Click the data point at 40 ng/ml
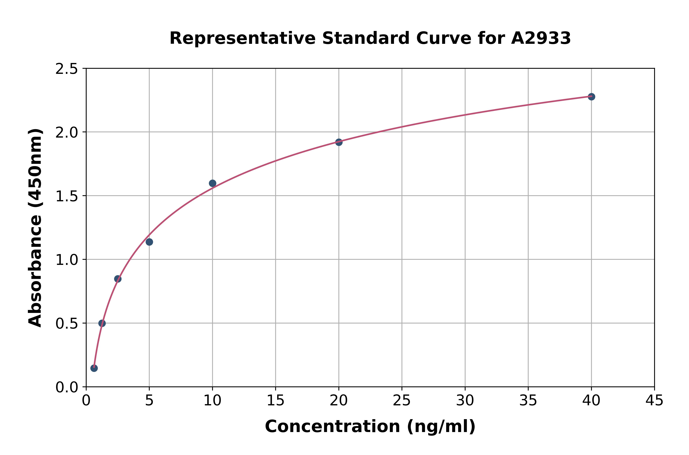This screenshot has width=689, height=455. coord(591,97)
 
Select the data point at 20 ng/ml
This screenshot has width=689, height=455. coord(339,142)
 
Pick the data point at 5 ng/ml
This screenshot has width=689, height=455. coord(149,242)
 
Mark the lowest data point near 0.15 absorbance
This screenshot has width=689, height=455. coord(94,368)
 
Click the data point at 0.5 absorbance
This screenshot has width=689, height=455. coord(102,323)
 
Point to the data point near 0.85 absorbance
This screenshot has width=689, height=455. coord(118,279)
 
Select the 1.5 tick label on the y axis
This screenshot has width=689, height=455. coord(67,196)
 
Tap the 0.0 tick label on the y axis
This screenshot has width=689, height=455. coord(67,387)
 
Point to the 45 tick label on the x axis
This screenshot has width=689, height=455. coord(654,401)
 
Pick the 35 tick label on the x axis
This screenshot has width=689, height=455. coord(528,401)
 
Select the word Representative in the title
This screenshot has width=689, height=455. coord(242,38)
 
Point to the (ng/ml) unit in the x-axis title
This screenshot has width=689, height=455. coord(441,427)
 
